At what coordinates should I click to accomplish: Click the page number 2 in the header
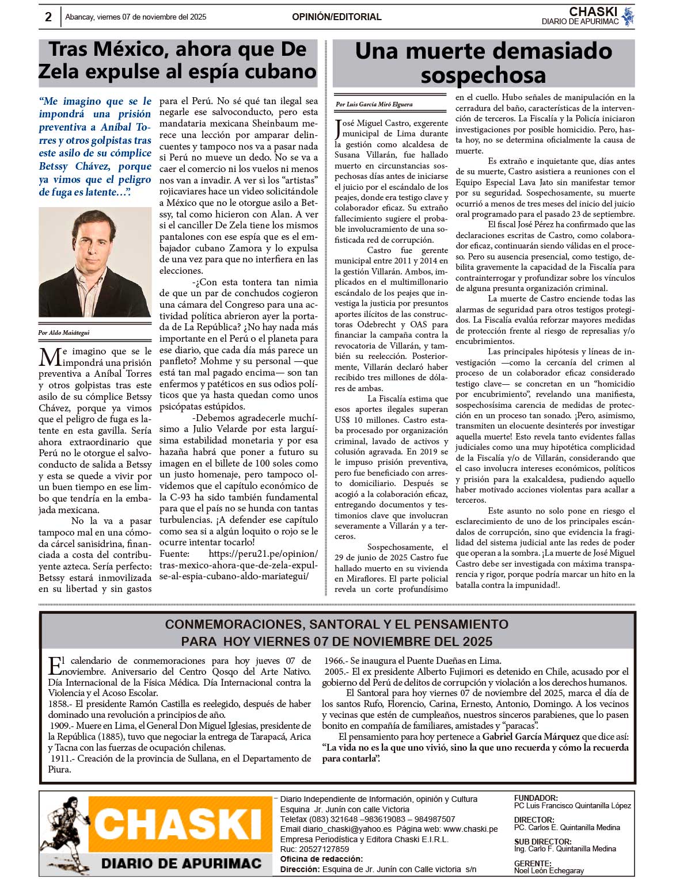coord(48,17)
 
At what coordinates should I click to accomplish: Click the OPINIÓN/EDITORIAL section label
coord(336,17)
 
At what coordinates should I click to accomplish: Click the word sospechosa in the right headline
coord(483,75)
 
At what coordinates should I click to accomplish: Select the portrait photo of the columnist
coord(95,262)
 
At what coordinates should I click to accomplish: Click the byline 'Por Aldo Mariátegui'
coord(64,333)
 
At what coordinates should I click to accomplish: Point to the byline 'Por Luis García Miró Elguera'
coord(374,105)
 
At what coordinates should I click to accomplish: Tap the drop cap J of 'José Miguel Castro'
coord(338,129)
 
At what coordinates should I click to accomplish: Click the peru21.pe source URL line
coord(263,553)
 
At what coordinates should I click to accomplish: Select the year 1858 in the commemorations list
coord(59,704)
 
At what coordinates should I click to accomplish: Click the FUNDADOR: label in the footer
coord(536,798)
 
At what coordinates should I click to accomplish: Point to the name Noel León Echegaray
coord(549,870)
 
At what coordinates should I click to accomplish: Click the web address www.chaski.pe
coord(470,829)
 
